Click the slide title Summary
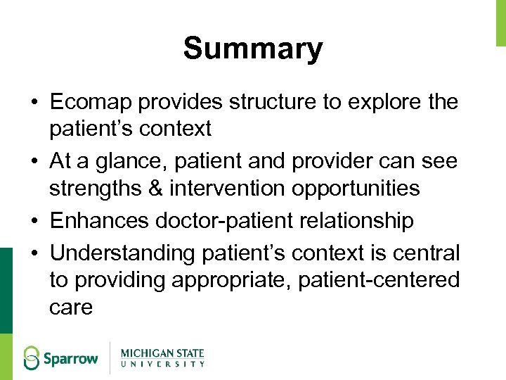pyautogui.click(x=253, y=49)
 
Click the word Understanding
pyautogui.click(x=122, y=252)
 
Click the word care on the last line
pyautogui.click(x=71, y=308)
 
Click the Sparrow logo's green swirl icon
pyautogui.click(x=32, y=358)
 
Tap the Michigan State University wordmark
pyautogui.click(x=162, y=357)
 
